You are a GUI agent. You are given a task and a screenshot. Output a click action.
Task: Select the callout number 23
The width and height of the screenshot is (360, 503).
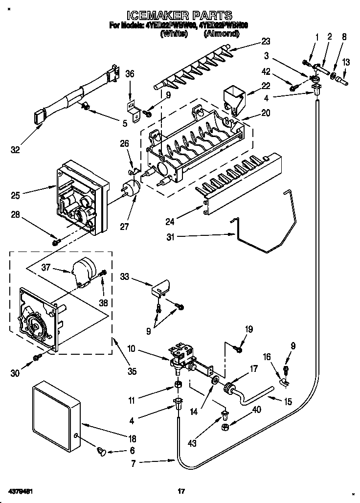pyautogui.click(x=265, y=41)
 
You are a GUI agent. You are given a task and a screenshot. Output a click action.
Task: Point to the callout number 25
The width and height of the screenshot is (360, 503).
pyautogui.click(x=16, y=196)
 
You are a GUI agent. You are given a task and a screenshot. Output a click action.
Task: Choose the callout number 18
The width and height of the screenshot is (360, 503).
pyautogui.click(x=132, y=438)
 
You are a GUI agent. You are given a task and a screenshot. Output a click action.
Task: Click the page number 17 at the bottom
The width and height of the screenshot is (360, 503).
pyautogui.click(x=180, y=491)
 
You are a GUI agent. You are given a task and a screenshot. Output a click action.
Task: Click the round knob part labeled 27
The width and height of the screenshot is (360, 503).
pyautogui.click(x=131, y=188)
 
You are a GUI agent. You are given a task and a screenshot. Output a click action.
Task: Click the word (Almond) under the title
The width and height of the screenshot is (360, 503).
pyautogui.click(x=222, y=34)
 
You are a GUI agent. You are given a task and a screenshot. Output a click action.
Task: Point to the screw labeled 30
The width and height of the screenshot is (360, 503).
pyautogui.click(x=37, y=359)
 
